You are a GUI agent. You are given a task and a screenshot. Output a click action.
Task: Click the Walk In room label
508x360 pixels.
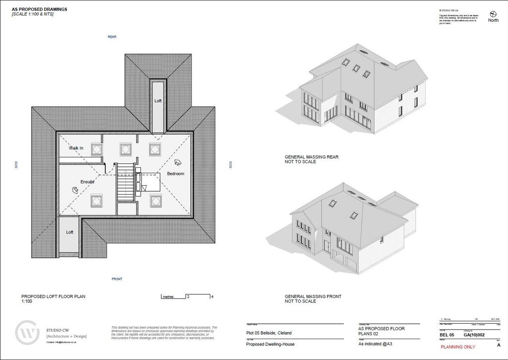coord(76,148)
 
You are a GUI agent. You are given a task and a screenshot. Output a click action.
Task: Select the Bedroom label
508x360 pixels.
coord(175,174)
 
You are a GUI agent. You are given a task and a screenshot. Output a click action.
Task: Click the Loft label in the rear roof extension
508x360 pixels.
coord(158,101)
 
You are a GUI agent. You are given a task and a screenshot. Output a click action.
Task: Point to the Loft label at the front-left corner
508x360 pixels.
coord(70,232)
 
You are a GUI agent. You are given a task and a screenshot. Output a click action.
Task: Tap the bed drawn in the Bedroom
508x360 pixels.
coord(148,182)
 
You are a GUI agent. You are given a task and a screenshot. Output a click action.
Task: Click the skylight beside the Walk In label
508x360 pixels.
coord(96,147)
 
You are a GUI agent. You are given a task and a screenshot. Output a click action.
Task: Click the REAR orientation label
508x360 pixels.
coord(112,37)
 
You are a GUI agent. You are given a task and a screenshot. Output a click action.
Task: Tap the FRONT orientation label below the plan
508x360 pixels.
coord(117,279)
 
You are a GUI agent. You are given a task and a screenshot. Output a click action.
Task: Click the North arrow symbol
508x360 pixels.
coord(493,13)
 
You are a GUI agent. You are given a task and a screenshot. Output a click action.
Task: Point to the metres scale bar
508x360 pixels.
coord(187,297)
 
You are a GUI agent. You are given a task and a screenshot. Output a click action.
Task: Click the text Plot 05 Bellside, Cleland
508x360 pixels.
coord(269,333)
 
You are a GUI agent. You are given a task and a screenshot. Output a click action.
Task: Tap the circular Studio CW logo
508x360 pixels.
coord(27,333)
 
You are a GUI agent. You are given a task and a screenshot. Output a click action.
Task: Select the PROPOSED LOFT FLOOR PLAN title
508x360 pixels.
coord(53,296)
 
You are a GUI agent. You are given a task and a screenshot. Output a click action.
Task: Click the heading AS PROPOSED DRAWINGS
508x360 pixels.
coord(40,9)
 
